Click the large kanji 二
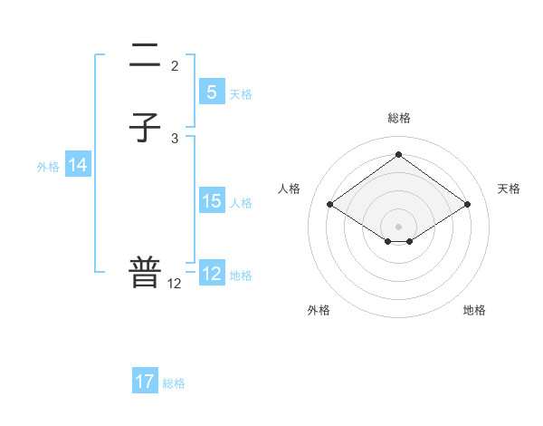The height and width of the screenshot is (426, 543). [145, 59]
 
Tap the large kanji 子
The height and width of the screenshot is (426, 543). [145, 128]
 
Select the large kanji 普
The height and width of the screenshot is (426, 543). [145, 273]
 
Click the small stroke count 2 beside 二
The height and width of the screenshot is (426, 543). [175, 66]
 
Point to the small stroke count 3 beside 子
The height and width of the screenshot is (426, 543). [175, 138]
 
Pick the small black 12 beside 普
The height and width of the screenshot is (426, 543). [175, 284]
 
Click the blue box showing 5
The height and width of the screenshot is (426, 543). [211, 92]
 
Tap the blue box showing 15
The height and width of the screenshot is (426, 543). [211, 201]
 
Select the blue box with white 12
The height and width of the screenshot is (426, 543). [211, 274]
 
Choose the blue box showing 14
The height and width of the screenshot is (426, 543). [78, 165]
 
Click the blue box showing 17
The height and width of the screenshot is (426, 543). [145, 382]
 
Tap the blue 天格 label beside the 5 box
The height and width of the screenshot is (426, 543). [241, 93]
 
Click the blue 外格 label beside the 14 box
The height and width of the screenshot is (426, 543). [48, 166]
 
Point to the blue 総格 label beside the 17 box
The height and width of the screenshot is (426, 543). [174, 382]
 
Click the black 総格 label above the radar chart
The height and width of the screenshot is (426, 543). [398, 118]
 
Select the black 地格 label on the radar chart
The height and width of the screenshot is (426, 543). [474, 310]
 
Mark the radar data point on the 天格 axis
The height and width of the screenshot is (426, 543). [467, 205]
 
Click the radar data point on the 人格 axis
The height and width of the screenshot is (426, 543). [329, 205]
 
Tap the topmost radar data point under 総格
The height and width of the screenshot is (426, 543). [398, 154]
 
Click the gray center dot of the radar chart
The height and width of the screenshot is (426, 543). [398, 225]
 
